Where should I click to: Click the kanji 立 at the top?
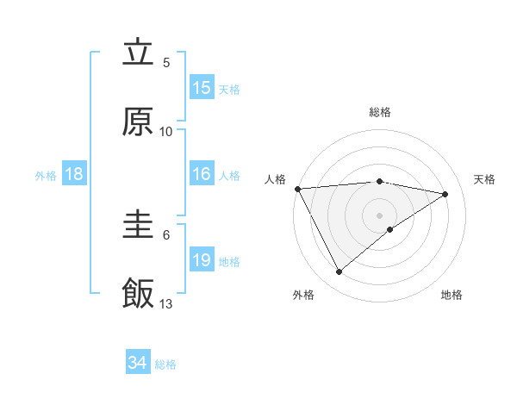(x=138, y=53)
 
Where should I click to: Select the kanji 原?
(x=138, y=122)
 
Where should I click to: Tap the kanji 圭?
(x=138, y=226)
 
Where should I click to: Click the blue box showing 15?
(x=202, y=88)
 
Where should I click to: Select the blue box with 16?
(x=202, y=174)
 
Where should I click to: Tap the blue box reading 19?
(x=202, y=260)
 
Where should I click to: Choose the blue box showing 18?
(x=74, y=174)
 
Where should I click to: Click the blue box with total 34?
(x=138, y=363)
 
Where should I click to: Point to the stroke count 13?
(x=166, y=303)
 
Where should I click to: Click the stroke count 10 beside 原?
(x=166, y=131)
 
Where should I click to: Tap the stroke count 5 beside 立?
(x=166, y=62)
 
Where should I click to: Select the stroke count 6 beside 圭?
(x=166, y=234)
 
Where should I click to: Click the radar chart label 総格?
(x=380, y=112)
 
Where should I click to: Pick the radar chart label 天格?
(x=485, y=179)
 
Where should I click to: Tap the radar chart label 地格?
(x=452, y=295)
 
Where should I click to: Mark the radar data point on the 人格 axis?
(x=297, y=189)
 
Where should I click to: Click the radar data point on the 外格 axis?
(x=339, y=272)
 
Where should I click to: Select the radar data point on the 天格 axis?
(x=445, y=194)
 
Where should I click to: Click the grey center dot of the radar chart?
(x=380, y=215)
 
